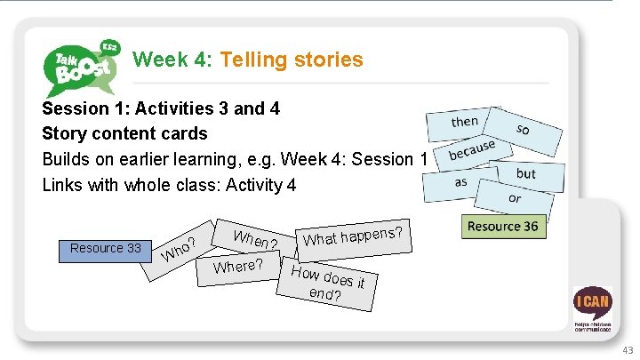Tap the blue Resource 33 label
[106, 248]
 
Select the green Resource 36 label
[502, 227]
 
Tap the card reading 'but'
[528, 173]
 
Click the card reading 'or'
[515, 197]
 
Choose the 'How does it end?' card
[329, 284]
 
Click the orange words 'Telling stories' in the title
[292, 60]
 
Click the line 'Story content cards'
[124, 133]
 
